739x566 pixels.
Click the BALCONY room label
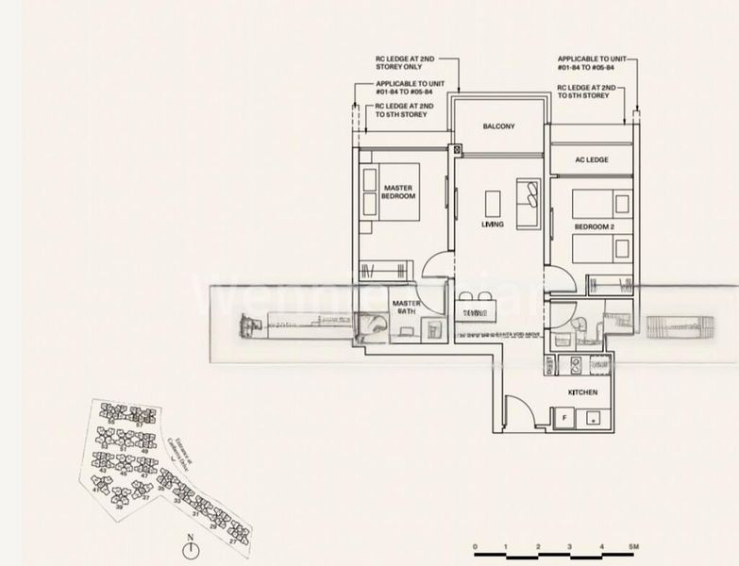click(498, 126)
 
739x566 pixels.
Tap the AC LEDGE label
click(592, 160)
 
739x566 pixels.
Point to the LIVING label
click(492, 225)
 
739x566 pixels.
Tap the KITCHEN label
click(581, 391)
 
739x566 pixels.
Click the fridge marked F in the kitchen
click(564, 416)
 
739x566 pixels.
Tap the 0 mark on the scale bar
click(476, 547)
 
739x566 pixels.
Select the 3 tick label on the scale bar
click(570, 547)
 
